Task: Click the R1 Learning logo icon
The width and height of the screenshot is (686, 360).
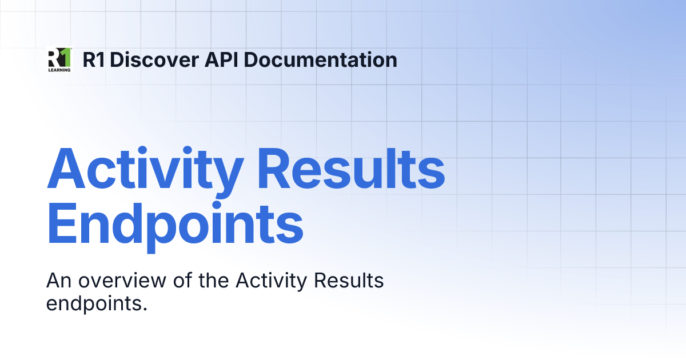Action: (59, 59)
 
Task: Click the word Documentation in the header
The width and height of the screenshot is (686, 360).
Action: (321, 60)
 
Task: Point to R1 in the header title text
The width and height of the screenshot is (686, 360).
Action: (93, 60)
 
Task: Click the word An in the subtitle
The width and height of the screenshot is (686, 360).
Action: (58, 281)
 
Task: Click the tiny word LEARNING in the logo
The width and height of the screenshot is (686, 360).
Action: (59, 70)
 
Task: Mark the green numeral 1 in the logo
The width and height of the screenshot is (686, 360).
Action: (66, 57)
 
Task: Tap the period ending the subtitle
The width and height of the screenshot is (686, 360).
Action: (145, 309)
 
